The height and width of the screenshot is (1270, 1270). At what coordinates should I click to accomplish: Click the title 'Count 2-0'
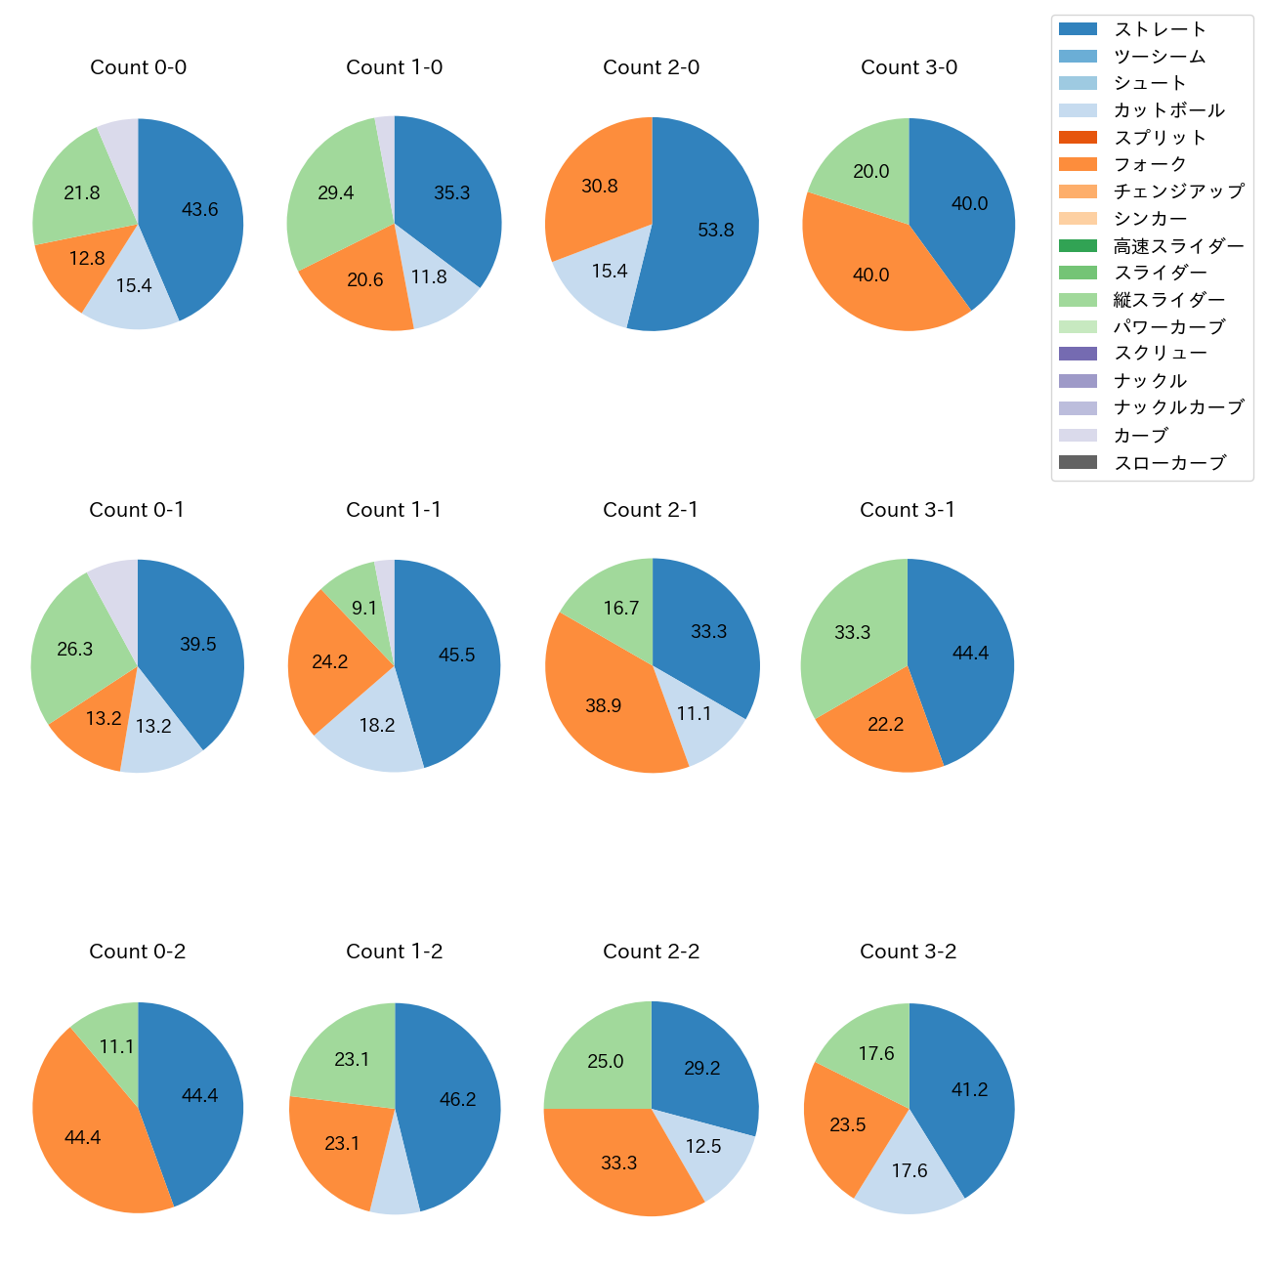pos(651,67)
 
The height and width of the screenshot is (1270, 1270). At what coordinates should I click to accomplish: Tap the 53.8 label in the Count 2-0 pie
pos(715,230)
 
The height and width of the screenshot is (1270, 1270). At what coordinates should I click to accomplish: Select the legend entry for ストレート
pos(1160,29)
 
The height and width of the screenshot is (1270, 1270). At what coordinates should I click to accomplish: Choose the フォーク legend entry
pos(1150,164)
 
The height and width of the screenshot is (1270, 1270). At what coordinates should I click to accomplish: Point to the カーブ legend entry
pos(1140,436)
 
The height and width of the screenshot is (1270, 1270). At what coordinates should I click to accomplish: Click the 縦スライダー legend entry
pos(1168,300)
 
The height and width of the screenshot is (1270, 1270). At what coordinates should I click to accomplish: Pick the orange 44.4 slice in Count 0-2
pos(83,1138)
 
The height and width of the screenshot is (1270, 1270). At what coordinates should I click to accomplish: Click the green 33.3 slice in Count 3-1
pos(853,632)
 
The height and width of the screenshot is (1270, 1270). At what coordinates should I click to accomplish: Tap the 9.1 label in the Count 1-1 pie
pos(364,608)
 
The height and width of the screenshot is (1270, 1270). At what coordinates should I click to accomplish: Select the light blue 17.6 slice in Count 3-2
pos(909,1170)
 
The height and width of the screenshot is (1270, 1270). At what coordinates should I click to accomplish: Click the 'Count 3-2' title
pos(908,952)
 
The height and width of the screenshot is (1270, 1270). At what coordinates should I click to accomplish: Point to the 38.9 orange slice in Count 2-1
pos(604,705)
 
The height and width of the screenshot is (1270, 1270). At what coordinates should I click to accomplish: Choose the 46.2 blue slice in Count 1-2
pos(457,1099)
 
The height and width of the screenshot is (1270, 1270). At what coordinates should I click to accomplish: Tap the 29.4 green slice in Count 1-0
pos(336,192)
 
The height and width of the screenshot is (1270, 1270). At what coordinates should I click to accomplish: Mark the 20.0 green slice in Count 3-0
pos(870,172)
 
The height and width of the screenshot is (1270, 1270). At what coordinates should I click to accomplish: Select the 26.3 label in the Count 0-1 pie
pos(75,649)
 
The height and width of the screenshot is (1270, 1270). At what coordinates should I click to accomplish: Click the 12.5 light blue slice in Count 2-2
pos(702,1146)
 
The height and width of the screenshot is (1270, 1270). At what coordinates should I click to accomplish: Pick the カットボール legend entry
pos(1168,110)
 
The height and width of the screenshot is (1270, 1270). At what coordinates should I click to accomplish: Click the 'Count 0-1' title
pos(137,510)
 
